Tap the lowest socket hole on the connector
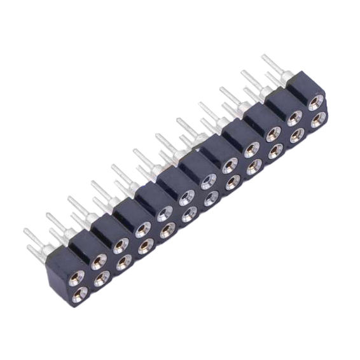click(x=80, y=294)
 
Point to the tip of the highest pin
click(x=264, y=57)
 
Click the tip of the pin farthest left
click(x=26, y=231)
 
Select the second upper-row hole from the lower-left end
click(x=99, y=260)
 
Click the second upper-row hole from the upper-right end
click(x=294, y=117)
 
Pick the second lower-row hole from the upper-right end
click(x=296, y=135)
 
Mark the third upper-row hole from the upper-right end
click(x=273, y=133)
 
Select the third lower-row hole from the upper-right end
click(x=275, y=151)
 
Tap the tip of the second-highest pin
click(x=242, y=72)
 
